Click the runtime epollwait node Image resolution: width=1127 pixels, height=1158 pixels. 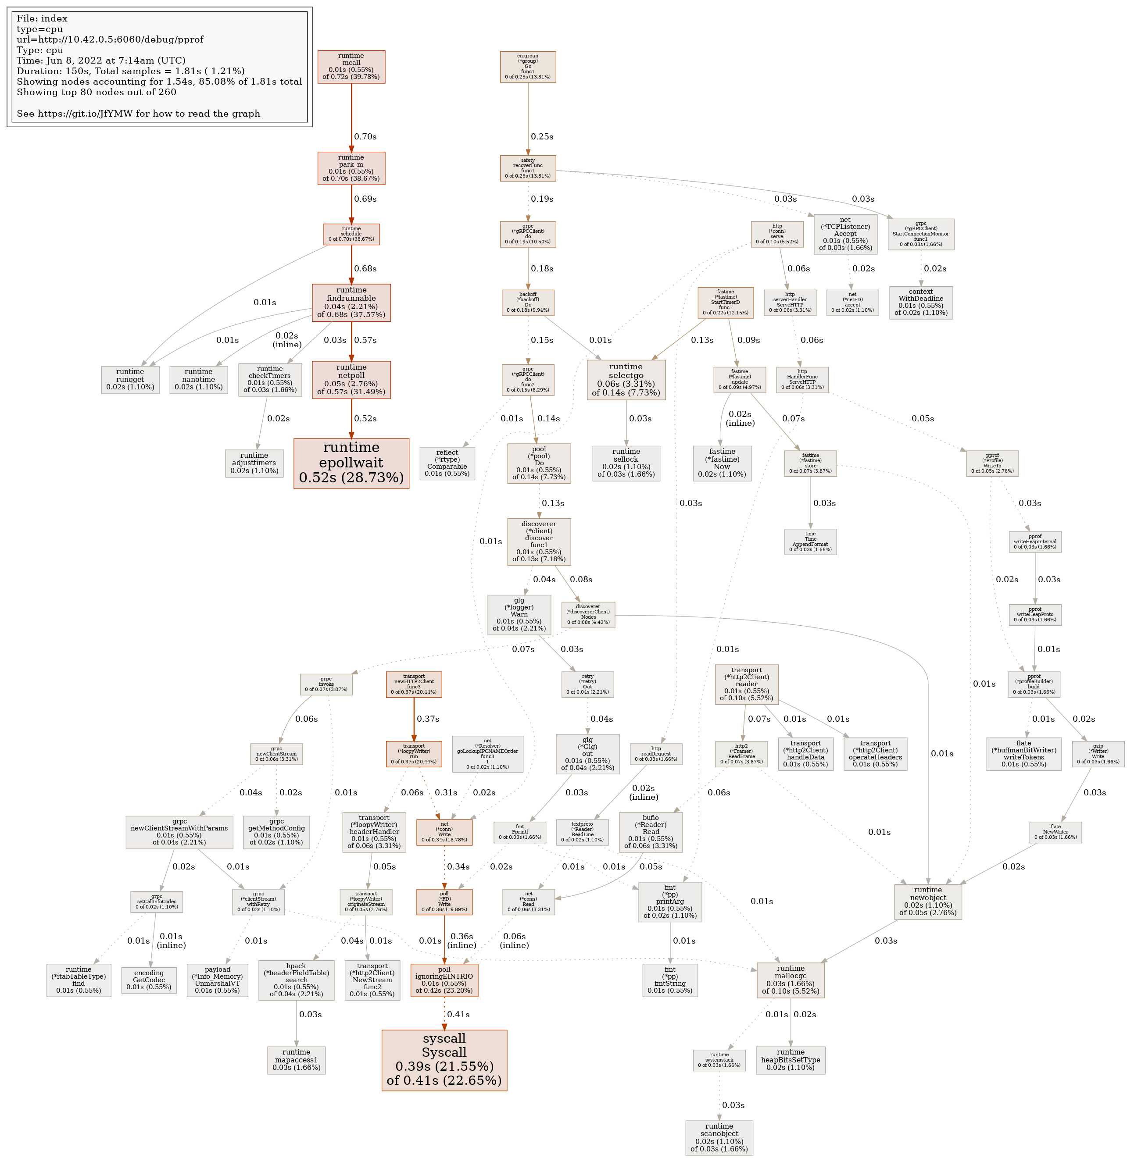tap(351, 463)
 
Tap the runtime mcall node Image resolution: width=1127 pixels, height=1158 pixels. tap(351, 67)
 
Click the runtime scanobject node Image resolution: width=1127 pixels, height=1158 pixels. tap(719, 1137)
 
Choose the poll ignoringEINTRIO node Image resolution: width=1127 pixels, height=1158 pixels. tap(444, 980)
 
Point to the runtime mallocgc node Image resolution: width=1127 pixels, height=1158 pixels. tap(790, 980)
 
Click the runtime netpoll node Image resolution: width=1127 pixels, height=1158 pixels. tap(351, 379)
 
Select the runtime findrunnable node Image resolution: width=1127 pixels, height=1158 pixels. tap(351, 303)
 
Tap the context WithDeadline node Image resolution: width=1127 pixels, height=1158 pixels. tap(920, 303)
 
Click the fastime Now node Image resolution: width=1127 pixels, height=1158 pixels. tap(722, 463)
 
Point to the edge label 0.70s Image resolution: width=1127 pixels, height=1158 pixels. tap(365, 137)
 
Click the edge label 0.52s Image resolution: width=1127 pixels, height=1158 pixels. tap(365, 418)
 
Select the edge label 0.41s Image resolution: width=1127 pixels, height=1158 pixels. tap(458, 1014)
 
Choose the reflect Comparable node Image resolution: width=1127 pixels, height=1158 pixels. tap(447, 463)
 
